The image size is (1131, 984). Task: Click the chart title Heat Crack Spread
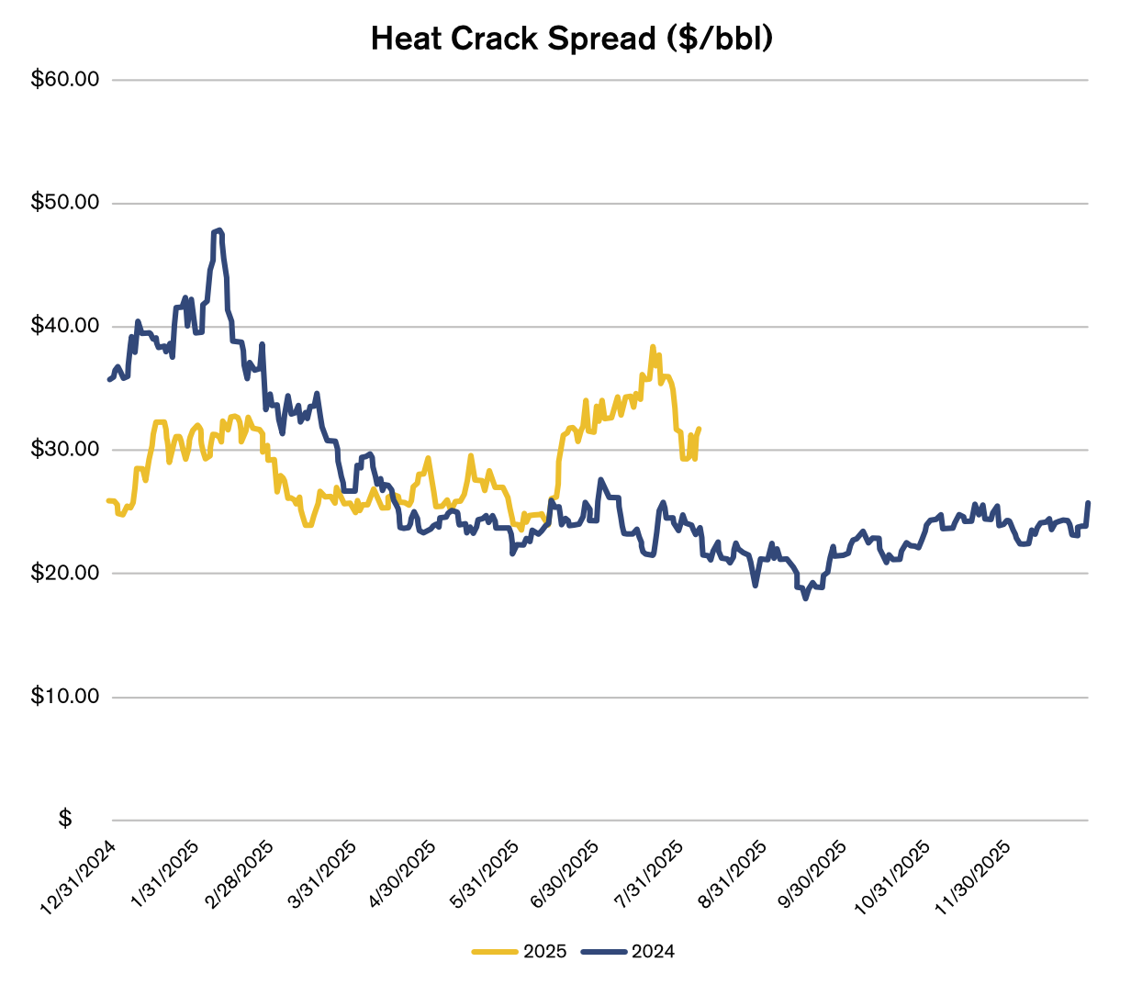click(571, 39)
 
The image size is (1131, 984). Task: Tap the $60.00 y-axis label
click(65, 79)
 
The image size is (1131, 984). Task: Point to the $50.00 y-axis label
click(65, 203)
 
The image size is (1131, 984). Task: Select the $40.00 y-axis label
click(65, 326)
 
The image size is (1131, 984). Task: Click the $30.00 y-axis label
click(65, 450)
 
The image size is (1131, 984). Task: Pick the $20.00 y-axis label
click(65, 573)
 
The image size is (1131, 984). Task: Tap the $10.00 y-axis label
click(65, 697)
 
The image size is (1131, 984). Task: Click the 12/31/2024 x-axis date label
click(77, 878)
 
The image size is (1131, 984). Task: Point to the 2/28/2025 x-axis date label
click(241, 875)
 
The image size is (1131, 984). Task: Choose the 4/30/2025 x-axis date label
click(402, 875)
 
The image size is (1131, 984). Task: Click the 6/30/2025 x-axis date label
click(564, 875)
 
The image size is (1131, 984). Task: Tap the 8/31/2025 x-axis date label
click(732, 875)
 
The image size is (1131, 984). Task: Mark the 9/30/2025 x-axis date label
click(812, 875)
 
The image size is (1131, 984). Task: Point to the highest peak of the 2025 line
click(652, 347)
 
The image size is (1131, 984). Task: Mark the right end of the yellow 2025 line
click(699, 429)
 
